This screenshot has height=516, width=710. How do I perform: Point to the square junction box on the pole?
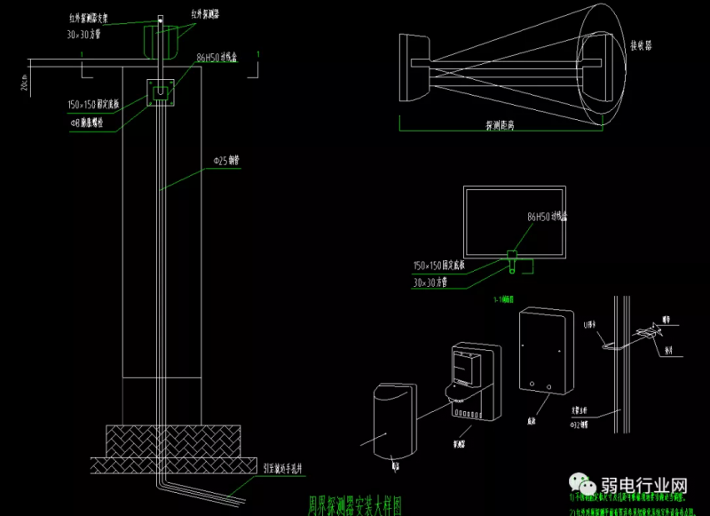coord(161,91)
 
